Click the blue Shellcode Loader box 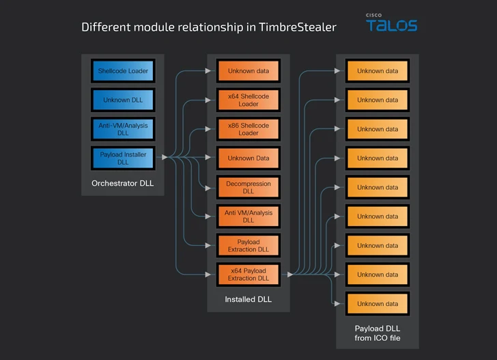pyautogui.click(x=123, y=71)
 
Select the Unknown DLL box pyautogui.click(x=123, y=100)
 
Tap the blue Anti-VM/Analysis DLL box pyautogui.click(x=123, y=129)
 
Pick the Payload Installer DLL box pyautogui.click(x=123, y=158)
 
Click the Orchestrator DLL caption pyautogui.click(x=123, y=183)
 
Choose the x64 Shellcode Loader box pyautogui.click(x=248, y=100)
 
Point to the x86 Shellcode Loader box pyautogui.click(x=248, y=129)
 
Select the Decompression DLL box pyautogui.click(x=248, y=187)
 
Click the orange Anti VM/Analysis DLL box pyautogui.click(x=248, y=216)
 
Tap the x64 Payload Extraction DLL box pyautogui.click(x=248, y=275)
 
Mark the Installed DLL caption pyautogui.click(x=248, y=299)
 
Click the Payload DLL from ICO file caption pyautogui.click(x=377, y=333)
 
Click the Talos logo pyautogui.click(x=391, y=26)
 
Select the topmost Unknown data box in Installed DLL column pyautogui.click(x=248, y=71)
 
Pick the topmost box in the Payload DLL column pyautogui.click(x=377, y=71)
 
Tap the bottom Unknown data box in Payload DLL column pyautogui.click(x=377, y=303)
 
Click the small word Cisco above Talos pyautogui.click(x=373, y=15)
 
